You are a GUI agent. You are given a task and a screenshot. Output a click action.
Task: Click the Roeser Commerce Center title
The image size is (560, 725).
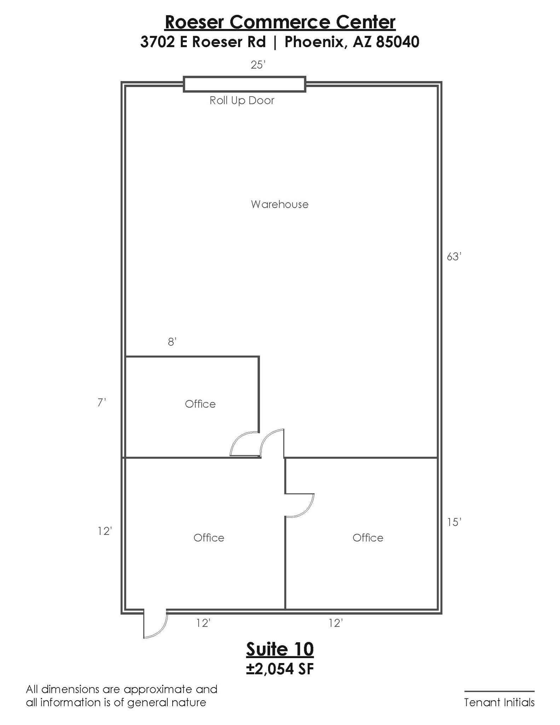coord(280,22)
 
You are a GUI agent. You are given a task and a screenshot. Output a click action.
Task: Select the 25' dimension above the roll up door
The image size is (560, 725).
coord(258,65)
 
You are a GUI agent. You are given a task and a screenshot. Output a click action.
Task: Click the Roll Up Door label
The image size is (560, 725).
coord(242,101)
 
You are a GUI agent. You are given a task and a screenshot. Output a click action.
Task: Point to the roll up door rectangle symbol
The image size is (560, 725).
coord(244,84)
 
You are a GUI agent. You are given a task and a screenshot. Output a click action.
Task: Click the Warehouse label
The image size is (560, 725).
coord(280,204)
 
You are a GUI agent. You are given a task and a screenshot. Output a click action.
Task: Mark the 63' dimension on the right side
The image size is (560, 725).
coord(454,257)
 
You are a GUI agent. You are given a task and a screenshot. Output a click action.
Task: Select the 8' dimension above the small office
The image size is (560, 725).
coord(172,342)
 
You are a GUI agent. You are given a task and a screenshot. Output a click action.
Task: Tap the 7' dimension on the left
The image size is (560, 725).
coord(102,403)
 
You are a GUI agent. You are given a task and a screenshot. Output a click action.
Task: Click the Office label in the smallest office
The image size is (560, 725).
coord(200,404)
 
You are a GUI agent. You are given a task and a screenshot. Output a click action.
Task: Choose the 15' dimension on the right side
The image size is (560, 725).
coord(454,522)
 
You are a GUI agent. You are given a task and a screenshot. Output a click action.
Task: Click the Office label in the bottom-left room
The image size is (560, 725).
coord(209,538)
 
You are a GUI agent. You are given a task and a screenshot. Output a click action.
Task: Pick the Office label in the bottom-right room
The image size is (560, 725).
coord(368,538)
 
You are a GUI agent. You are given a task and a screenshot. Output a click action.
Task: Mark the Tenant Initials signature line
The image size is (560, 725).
coord(499,691)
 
